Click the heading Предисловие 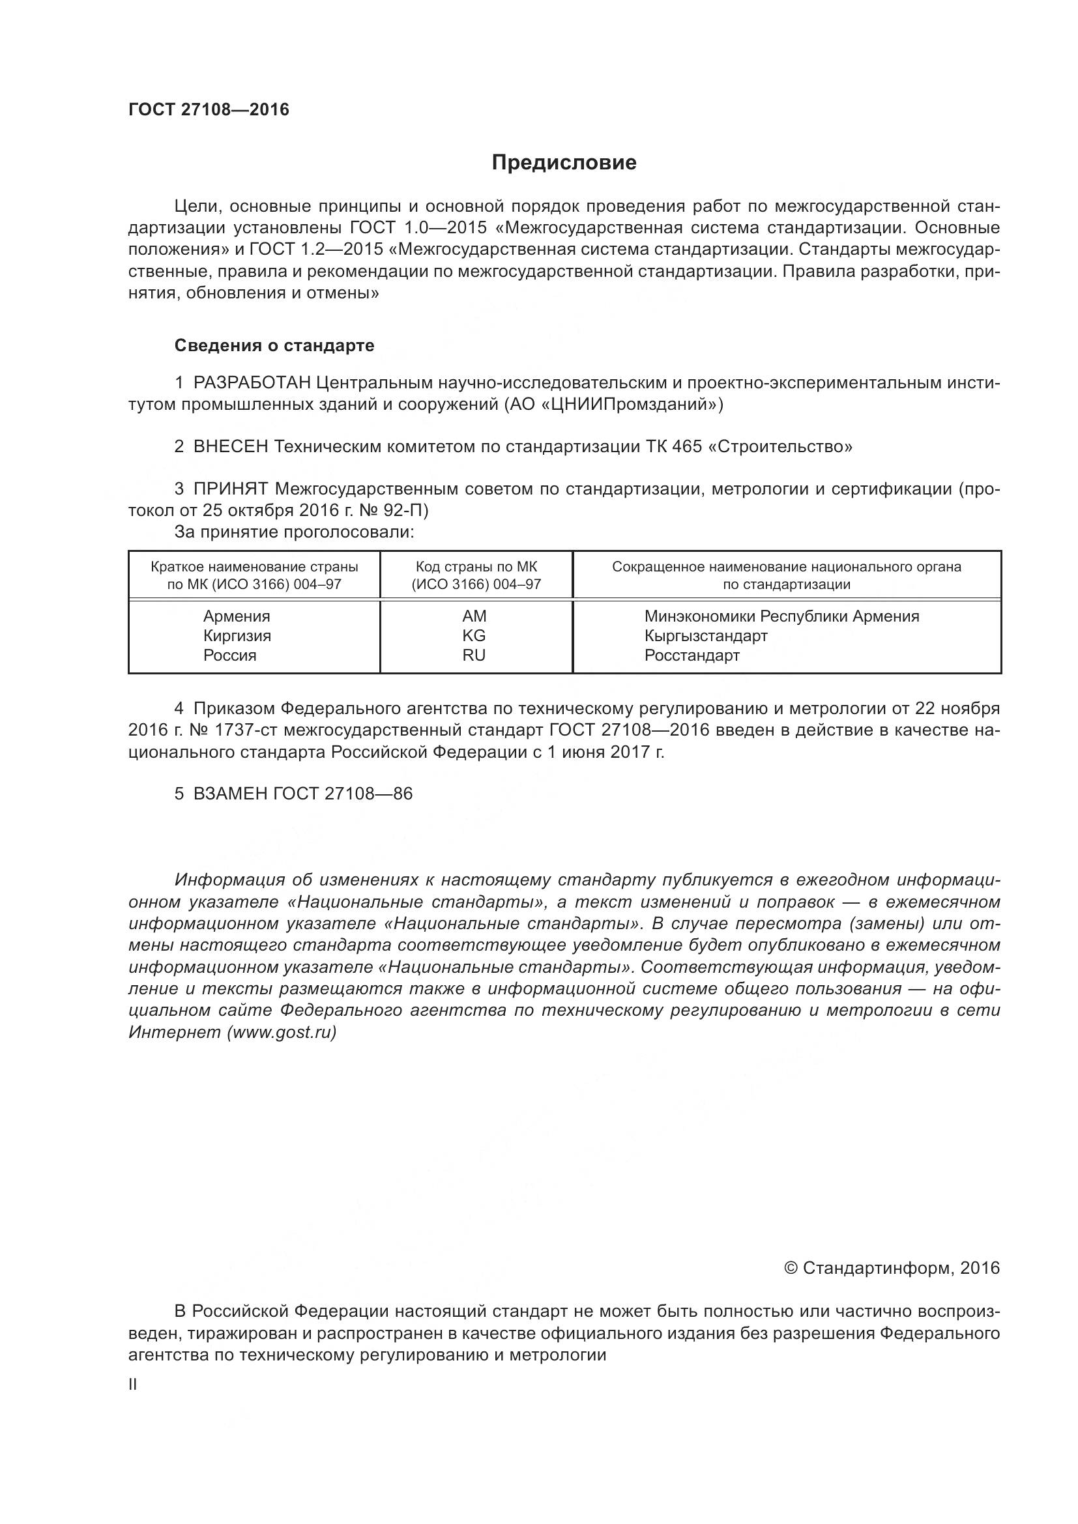click(x=564, y=163)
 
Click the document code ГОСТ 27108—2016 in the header click(x=209, y=110)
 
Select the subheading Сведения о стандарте click(x=274, y=345)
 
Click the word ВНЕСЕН click(x=230, y=447)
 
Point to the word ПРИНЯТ click(x=230, y=489)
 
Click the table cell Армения click(x=237, y=616)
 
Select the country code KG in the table click(x=474, y=636)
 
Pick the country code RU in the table click(x=474, y=656)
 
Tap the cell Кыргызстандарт click(x=706, y=636)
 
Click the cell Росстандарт click(x=692, y=656)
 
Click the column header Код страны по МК click(x=476, y=568)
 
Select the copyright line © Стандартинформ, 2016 click(x=892, y=1269)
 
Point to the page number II click(x=133, y=1385)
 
